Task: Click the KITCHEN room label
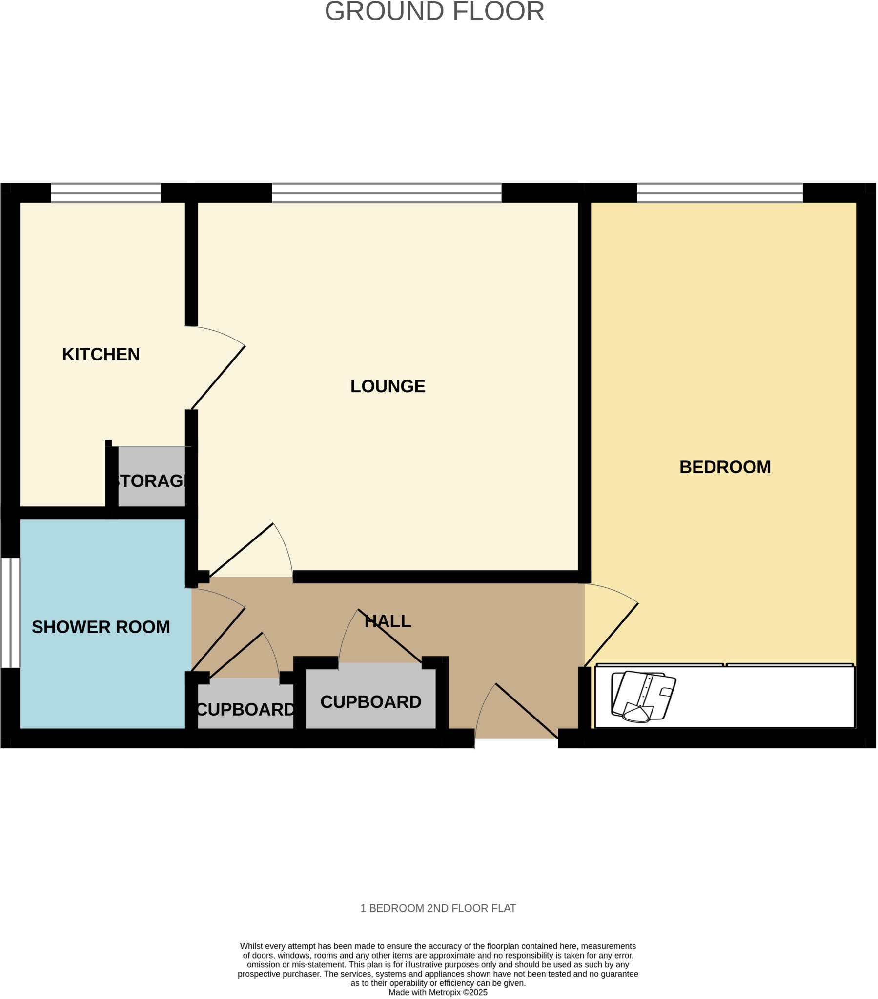[101, 354]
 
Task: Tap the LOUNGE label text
[388, 386]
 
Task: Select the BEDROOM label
[724, 467]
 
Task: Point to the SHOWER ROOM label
[101, 627]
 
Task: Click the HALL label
[388, 621]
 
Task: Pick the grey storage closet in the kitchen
[151, 477]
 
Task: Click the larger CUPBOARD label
[370, 702]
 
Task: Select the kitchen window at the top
[105, 193]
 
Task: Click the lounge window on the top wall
[387, 193]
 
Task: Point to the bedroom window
[719, 193]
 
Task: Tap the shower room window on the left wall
[10, 613]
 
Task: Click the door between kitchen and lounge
[218, 378]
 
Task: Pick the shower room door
[218, 639]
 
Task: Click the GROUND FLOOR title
[434, 11]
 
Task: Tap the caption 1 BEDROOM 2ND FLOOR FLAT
[438, 908]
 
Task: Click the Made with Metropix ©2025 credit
[438, 992]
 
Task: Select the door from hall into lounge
[241, 550]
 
